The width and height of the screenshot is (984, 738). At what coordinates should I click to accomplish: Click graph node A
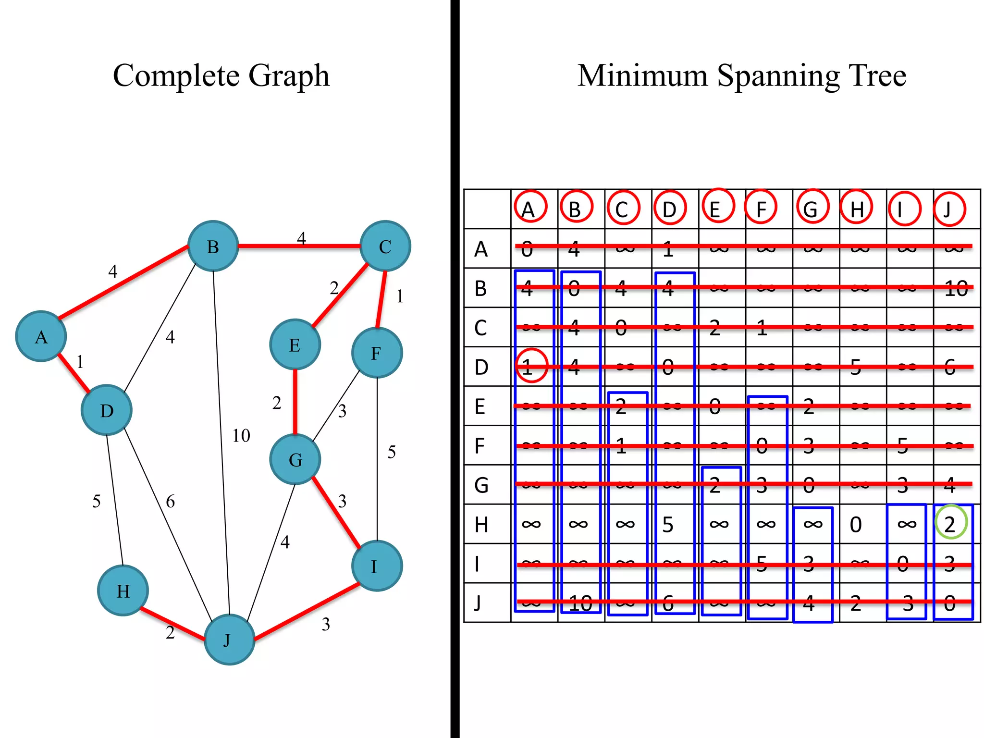coord(41,336)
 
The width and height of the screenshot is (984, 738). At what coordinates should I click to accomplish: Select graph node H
coord(123,590)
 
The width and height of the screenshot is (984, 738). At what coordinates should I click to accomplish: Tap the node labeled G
coord(295,459)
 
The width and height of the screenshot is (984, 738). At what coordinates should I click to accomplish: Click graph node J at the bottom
coord(229,640)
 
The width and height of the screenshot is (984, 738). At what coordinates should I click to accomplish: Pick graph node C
coord(385,246)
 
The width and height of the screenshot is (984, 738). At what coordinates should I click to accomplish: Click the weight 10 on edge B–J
coord(241,435)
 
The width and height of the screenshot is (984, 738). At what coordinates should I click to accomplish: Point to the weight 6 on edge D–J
coord(170,502)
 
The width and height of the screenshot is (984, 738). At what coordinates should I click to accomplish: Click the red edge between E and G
coord(295,402)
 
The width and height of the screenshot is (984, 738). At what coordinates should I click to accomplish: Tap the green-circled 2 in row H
coord(950,524)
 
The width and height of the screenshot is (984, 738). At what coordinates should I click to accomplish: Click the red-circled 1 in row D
coord(530,366)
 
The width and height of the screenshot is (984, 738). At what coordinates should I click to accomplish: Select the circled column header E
coord(717,207)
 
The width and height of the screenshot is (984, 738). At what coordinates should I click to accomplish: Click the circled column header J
coord(949,209)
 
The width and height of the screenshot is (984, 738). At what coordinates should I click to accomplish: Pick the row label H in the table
coord(481,525)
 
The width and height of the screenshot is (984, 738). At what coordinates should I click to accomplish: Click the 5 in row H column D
coord(668,525)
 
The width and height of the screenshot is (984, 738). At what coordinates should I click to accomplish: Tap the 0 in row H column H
coord(856,525)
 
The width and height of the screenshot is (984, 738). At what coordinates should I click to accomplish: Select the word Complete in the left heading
coord(176,76)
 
